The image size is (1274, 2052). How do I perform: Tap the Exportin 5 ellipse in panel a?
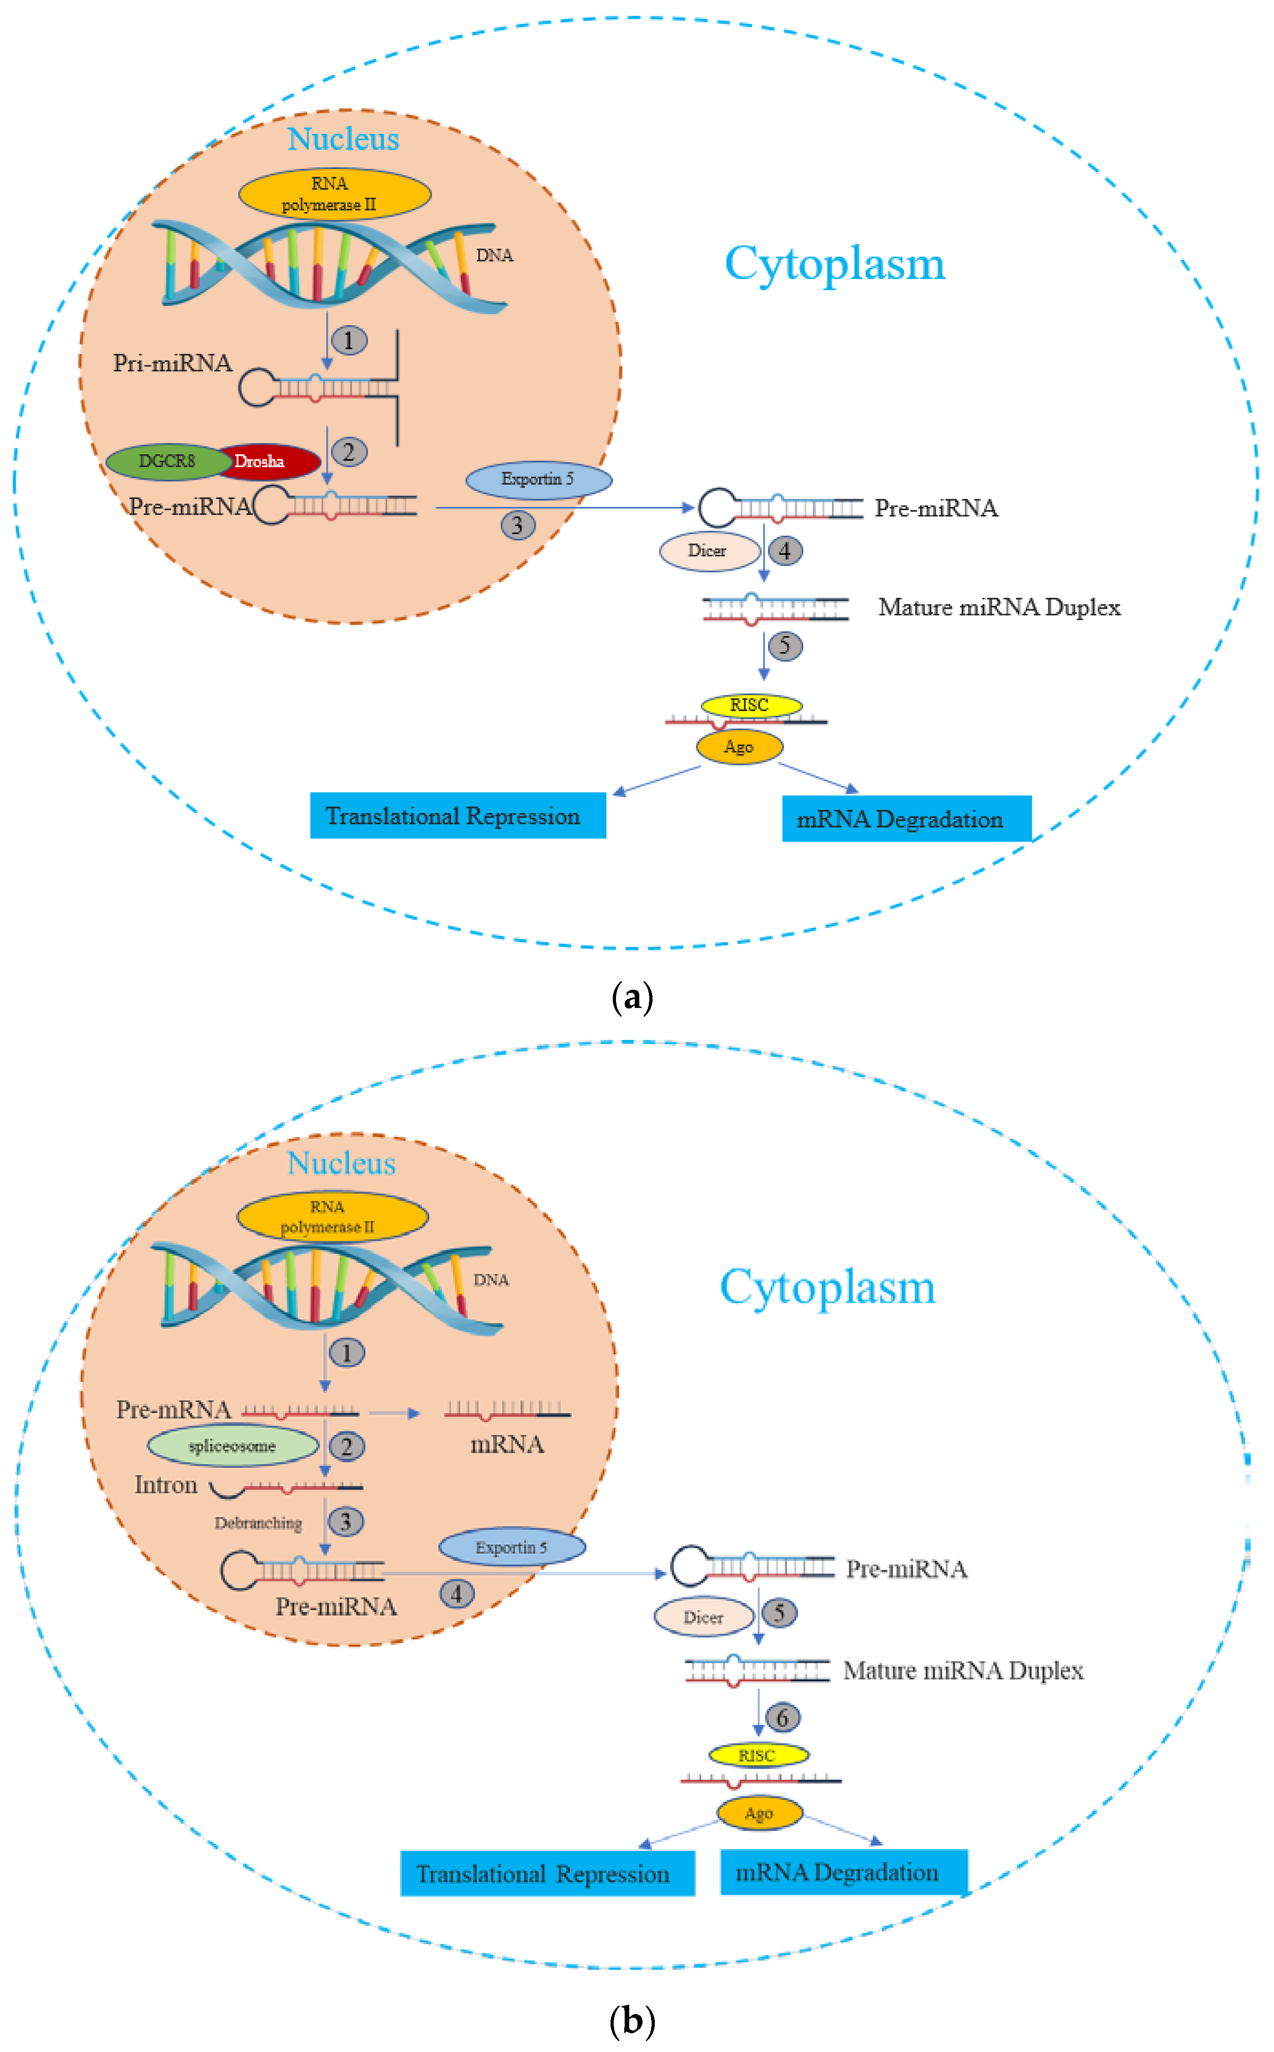pyautogui.click(x=538, y=480)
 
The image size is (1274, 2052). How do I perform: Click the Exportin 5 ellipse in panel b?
pyautogui.click(x=511, y=1547)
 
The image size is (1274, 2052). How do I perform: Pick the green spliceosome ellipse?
pyautogui.click(x=232, y=1446)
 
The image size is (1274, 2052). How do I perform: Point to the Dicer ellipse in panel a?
pyautogui.click(x=709, y=551)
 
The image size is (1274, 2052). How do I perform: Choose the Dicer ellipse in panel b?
pyautogui.click(x=704, y=1617)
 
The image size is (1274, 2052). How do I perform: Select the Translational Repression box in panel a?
pyautogui.click(x=458, y=816)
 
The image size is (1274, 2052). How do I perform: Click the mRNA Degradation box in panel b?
pyautogui.click(x=843, y=1873)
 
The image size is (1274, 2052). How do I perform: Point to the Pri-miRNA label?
pyautogui.click(x=173, y=363)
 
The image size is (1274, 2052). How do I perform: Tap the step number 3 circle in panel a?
pyautogui.click(x=517, y=526)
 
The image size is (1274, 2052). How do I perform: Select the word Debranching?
pyautogui.click(x=258, y=1523)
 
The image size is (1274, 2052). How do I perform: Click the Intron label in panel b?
pyautogui.click(x=166, y=1485)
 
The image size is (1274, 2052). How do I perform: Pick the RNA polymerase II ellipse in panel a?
pyautogui.click(x=335, y=194)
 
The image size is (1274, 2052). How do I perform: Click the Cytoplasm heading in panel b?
pyautogui.click(x=827, y=1287)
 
